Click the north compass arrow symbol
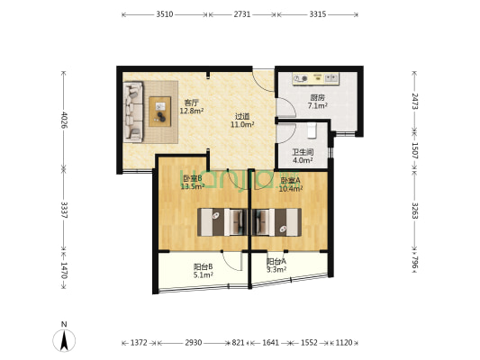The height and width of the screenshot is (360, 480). pyautogui.click(x=64, y=340)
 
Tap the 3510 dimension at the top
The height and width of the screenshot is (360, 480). pyautogui.click(x=165, y=14)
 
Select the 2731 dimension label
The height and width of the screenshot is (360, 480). pyautogui.click(x=242, y=14)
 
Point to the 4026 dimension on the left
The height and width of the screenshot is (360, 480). pyautogui.click(x=64, y=121)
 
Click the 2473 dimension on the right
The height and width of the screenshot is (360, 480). pyautogui.click(x=414, y=101)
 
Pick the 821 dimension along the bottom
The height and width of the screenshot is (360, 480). pyautogui.click(x=238, y=343)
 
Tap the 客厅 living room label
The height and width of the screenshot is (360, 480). pyautogui.click(x=190, y=103)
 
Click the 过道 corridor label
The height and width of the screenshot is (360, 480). pyautogui.click(x=242, y=116)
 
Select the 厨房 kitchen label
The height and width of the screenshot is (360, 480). pyautogui.click(x=318, y=98)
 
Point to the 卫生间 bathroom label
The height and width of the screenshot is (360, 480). pyautogui.click(x=303, y=152)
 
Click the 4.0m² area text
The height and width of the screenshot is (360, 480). pyautogui.click(x=303, y=160)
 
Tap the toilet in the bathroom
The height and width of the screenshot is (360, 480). pyautogui.click(x=312, y=130)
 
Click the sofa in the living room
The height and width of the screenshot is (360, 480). pyautogui.click(x=133, y=112)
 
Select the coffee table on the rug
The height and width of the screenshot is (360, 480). pyautogui.click(x=159, y=112)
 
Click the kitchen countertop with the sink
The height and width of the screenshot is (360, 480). pyautogui.click(x=315, y=79)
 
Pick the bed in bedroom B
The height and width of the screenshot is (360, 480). pyautogui.click(x=222, y=222)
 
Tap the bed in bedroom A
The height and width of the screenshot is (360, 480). pyautogui.click(x=276, y=222)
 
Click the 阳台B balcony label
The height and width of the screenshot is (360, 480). pyautogui.click(x=204, y=267)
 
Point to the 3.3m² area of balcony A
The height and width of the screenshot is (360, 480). pyautogui.click(x=276, y=269)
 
